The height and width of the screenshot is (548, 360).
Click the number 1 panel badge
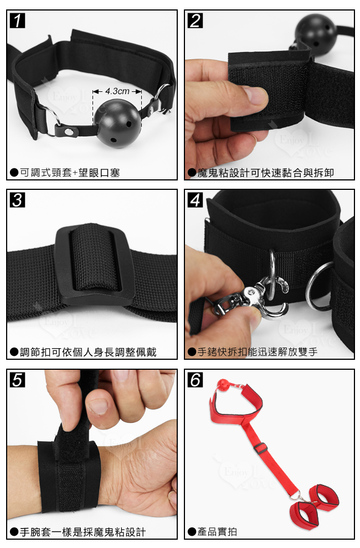pos(17,20)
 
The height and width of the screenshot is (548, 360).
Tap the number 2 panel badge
pos(195,20)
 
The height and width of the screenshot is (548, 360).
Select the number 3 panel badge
pos(17,200)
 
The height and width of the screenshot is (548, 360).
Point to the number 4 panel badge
pos(195,200)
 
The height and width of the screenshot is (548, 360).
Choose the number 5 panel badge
pos(17,380)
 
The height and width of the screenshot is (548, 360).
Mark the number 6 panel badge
pos(195,380)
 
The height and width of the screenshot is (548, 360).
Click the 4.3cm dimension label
pos(117,91)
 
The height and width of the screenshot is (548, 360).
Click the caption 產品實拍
pos(217,531)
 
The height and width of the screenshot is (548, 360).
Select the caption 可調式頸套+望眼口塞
pos(70,173)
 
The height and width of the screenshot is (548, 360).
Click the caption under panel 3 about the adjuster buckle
pos(88,352)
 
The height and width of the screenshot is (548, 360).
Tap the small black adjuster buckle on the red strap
pos(259,448)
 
